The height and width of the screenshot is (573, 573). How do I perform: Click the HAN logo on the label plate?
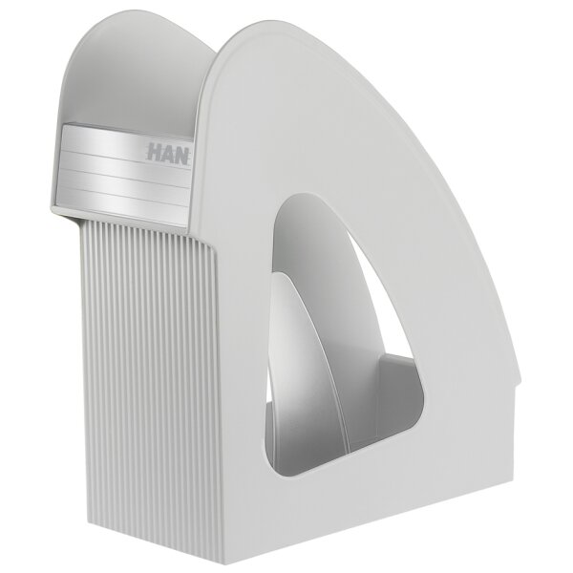tap(168, 153)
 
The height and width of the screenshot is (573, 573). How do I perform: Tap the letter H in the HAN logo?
tap(153, 151)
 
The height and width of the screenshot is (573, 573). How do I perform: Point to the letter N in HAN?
tap(182, 155)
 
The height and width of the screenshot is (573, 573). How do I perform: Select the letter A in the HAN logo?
tap(167, 153)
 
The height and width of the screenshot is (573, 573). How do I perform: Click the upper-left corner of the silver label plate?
tap(65, 126)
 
